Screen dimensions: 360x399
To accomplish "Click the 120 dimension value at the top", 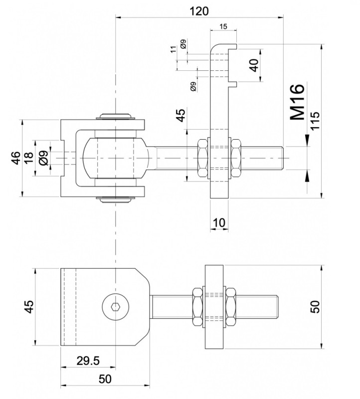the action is (199, 11).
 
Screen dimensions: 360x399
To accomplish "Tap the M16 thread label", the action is (297, 102).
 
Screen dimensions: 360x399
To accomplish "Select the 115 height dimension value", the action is (315, 121).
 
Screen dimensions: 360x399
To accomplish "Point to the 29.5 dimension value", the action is (88, 361).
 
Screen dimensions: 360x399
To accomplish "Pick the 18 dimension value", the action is (29, 158).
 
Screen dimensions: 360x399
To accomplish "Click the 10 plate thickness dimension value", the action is (219, 222).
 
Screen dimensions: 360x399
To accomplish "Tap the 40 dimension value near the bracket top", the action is (254, 65).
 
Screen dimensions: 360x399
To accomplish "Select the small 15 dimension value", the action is (223, 26).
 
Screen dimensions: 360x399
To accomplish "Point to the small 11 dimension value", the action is (173, 49).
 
